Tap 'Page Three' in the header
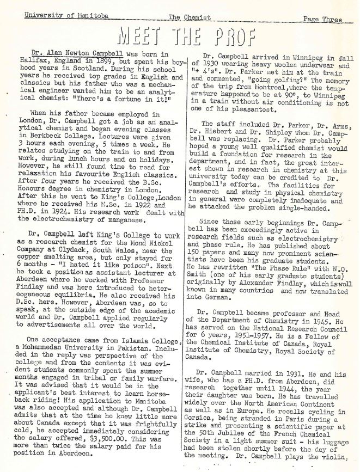[322, 20]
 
